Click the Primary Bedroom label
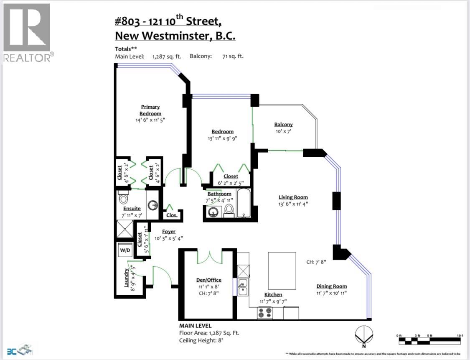(150, 110)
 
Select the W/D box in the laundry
(125, 250)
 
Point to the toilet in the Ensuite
(123, 196)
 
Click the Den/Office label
(208, 280)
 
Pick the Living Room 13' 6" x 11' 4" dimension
(293, 204)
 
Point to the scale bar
(430, 340)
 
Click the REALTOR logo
(28, 33)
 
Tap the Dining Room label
(331, 286)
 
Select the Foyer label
(169, 231)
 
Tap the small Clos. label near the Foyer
(172, 216)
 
